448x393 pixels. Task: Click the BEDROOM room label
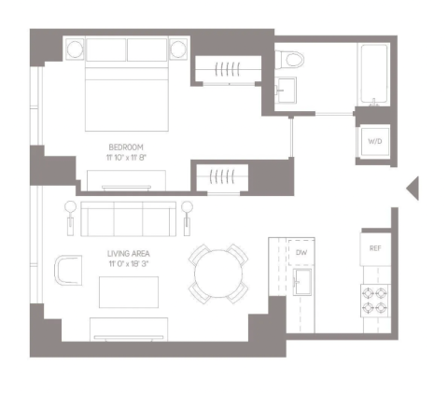click(126, 147)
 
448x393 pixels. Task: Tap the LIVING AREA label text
click(129, 254)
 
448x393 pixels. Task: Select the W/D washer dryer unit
click(375, 141)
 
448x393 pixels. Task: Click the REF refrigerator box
click(375, 248)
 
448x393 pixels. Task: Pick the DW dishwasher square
click(301, 252)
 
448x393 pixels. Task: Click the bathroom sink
click(286, 91)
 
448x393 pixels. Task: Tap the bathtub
click(373, 74)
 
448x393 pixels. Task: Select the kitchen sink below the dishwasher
click(302, 282)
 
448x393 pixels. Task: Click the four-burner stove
click(375, 301)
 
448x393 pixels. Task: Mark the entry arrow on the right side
click(413, 188)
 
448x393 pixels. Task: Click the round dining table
click(218, 274)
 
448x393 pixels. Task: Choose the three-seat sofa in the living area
click(128, 219)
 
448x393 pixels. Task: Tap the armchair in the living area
click(68, 270)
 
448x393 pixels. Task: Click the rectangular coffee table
click(129, 292)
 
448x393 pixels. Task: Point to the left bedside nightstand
click(75, 49)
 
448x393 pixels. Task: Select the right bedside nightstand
click(178, 49)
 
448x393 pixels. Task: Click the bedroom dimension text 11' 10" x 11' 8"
click(126, 158)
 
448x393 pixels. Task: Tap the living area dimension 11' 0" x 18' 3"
click(129, 264)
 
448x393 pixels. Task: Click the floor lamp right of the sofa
click(187, 218)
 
